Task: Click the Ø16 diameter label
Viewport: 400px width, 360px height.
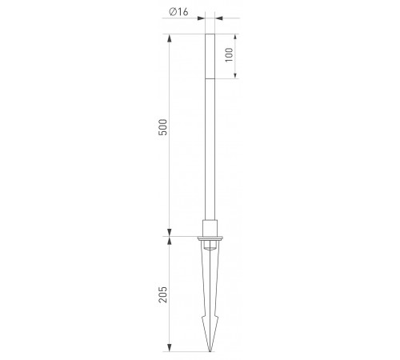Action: [178, 12]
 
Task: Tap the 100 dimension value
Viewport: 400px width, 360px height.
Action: [229, 55]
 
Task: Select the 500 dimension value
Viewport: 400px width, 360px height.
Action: [163, 127]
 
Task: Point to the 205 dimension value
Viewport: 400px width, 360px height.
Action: [163, 294]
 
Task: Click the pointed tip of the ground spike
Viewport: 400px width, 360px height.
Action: [210, 351]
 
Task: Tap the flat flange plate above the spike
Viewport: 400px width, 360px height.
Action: [210, 238]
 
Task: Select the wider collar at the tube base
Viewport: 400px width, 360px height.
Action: [210, 228]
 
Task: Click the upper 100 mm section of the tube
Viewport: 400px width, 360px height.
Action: [210, 56]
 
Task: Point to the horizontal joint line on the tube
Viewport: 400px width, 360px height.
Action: [210, 79]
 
